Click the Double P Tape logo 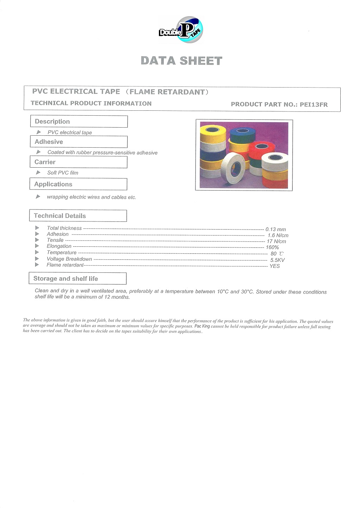pyautogui.click(x=181, y=31)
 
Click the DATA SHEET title pyautogui.click(x=181, y=61)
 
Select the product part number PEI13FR pyautogui.click(x=314, y=104)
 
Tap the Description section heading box pyautogui.click(x=79, y=122)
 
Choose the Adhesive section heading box pyautogui.click(x=79, y=142)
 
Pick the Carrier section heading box pyautogui.click(x=78, y=162)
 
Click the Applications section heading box pyautogui.click(x=78, y=184)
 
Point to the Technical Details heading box pyautogui.click(x=78, y=216)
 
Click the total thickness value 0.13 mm pyautogui.click(x=276, y=230)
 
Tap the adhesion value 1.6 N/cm pyautogui.click(x=278, y=236)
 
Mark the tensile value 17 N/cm pyautogui.click(x=276, y=241)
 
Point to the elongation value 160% pyautogui.click(x=272, y=247)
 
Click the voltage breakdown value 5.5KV pyautogui.click(x=277, y=260)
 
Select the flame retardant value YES pyautogui.click(x=275, y=266)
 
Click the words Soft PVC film pyautogui.click(x=63, y=173)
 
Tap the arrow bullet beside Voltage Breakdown pyautogui.click(x=37, y=259)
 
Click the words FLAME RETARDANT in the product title pyautogui.click(x=167, y=92)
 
